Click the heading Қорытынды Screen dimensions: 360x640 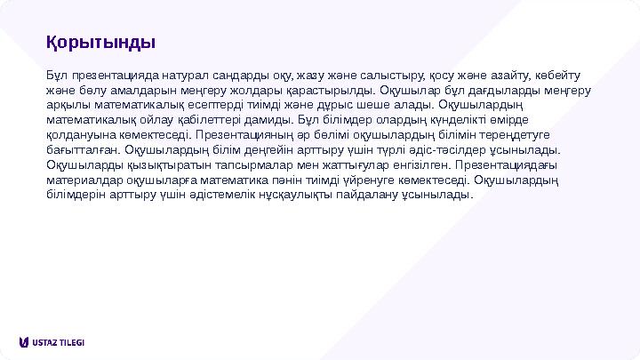(x=101, y=42)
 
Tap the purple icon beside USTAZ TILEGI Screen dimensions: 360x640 (x=23, y=342)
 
